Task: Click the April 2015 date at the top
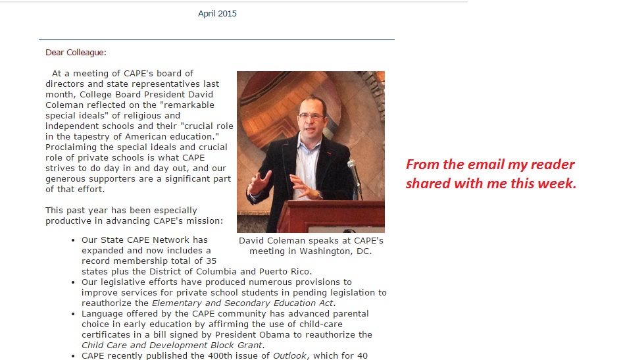point(217,14)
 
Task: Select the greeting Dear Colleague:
point(76,53)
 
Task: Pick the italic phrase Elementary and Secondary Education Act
point(243,303)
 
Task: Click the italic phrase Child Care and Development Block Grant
point(172,345)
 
